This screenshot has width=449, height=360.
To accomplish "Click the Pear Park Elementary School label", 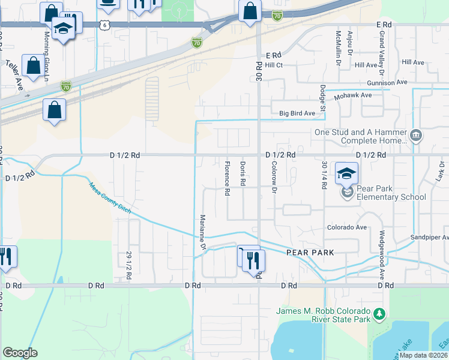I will tap(391, 193).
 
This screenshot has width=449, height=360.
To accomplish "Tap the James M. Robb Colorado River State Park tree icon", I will tap(379, 314).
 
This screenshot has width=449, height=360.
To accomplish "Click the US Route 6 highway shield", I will tap(106, 25).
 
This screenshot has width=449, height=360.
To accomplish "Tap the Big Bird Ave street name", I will tap(297, 113).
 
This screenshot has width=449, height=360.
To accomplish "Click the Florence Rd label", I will tap(228, 179).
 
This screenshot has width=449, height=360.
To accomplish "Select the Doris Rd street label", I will tap(243, 173).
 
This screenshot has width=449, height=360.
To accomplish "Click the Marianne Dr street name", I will tap(203, 233).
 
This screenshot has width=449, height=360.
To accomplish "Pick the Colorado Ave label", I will tap(346, 227).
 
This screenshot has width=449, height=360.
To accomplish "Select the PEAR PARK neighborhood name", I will tap(309, 253).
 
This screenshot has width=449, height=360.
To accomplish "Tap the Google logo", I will tap(20, 353).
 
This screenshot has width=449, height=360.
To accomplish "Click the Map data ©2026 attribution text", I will tap(423, 355).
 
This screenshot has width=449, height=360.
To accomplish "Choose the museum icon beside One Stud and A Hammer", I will tap(415, 136).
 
